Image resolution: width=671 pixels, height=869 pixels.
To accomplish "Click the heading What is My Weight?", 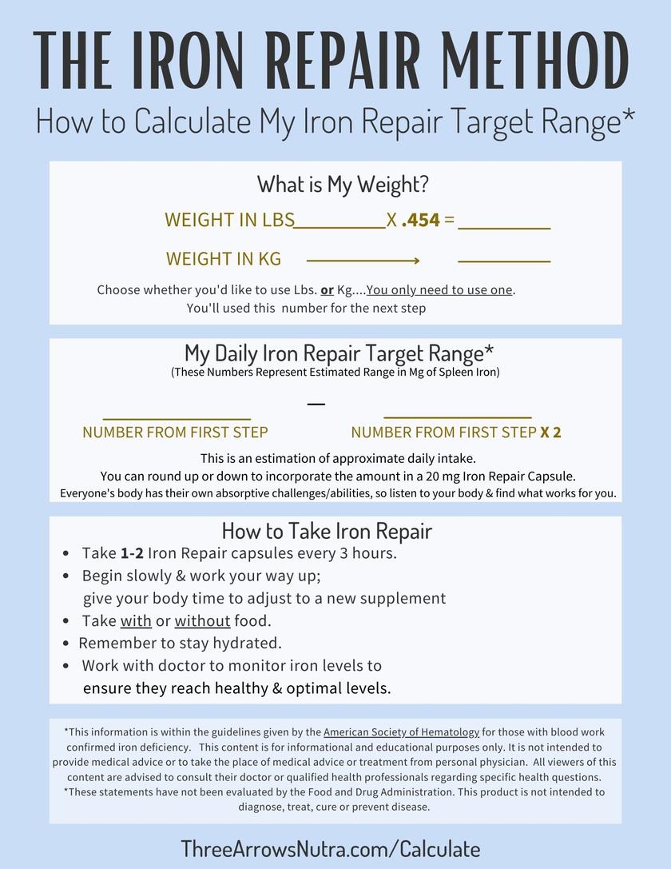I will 343,185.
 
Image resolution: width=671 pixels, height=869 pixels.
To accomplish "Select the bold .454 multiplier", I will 421,220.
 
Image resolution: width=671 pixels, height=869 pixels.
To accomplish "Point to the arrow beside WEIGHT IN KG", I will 363,261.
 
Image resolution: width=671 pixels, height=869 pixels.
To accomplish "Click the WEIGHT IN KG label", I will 224,259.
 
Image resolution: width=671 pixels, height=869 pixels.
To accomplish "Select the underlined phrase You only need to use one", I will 440,289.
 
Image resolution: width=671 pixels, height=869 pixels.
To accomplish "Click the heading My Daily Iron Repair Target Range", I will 339,353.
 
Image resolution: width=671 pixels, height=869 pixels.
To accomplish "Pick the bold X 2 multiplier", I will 550,433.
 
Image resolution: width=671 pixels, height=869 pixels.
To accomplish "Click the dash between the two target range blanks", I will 316,404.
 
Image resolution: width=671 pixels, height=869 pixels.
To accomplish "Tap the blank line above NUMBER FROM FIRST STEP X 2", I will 458,417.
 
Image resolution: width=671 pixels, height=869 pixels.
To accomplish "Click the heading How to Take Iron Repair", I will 327,531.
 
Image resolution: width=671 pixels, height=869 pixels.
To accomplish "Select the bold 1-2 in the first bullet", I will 132,553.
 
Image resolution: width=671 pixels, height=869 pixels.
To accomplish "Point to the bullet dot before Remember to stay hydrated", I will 66,644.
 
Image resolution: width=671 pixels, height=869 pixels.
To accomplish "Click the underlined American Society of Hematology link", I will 402,731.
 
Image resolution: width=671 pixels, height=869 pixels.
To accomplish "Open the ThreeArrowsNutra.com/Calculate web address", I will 331,848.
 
